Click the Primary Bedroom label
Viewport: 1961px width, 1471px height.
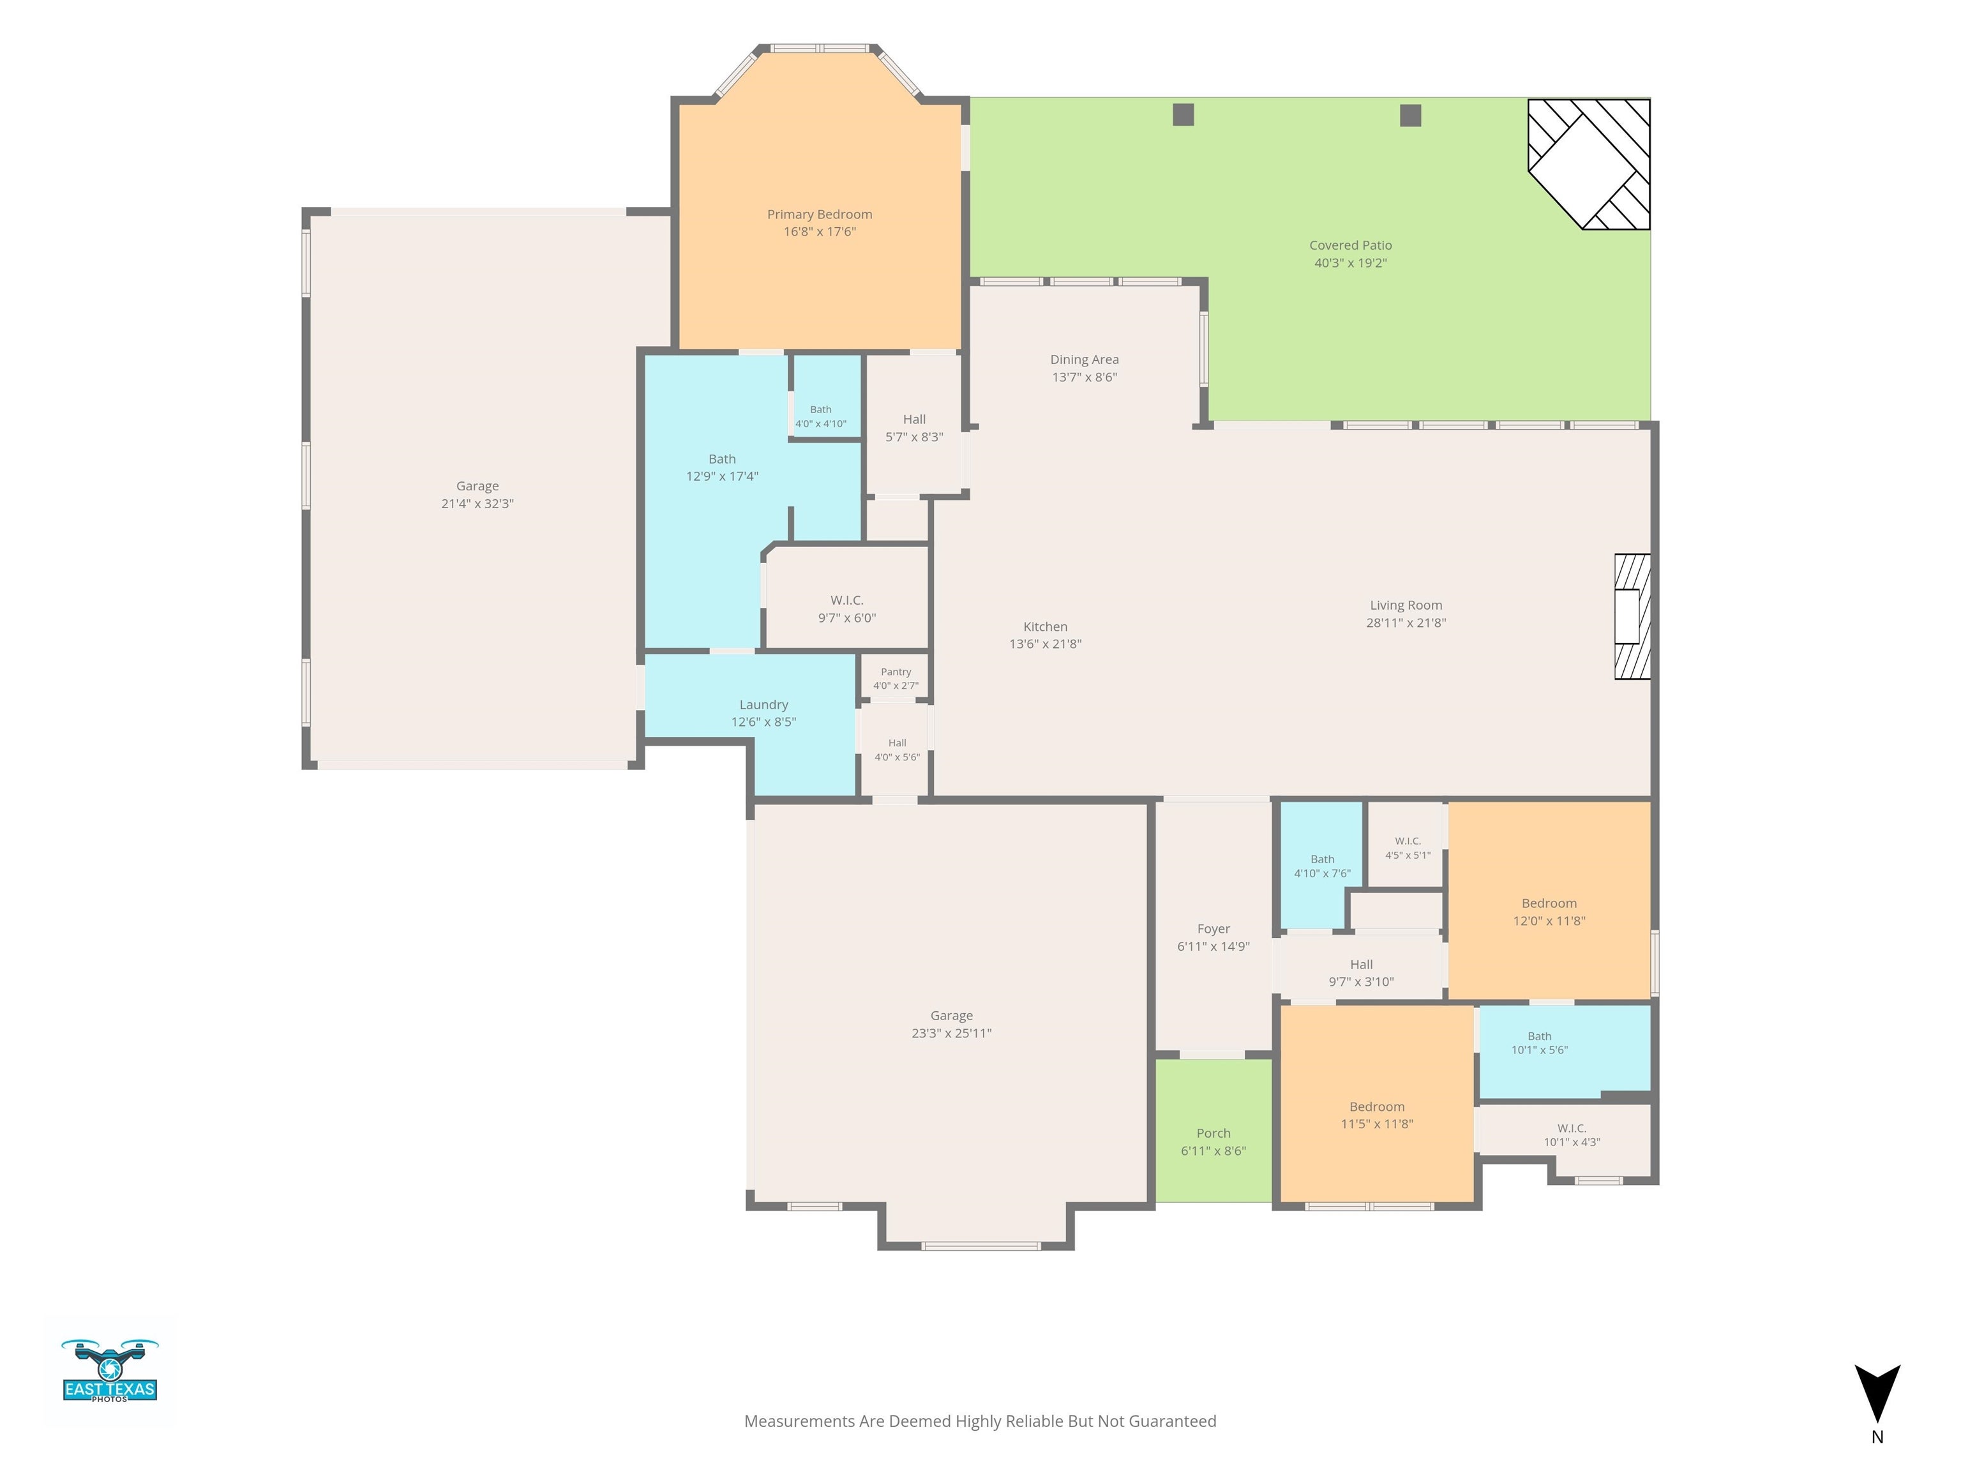coord(819,215)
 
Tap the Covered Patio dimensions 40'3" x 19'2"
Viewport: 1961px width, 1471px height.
coord(1350,262)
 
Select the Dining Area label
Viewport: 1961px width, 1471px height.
coord(1084,359)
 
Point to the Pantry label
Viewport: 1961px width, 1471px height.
coord(896,672)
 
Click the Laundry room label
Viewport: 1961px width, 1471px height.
coord(763,705)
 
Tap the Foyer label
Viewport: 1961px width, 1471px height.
coord(1213,929)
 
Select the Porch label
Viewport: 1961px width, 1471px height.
coord(1213,1133)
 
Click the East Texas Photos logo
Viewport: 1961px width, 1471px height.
coord(110,1370)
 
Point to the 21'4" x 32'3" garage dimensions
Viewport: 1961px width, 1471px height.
coord(478,504)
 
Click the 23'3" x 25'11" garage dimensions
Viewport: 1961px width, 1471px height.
coord(951,1033)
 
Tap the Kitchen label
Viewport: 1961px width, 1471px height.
coord(1045,627)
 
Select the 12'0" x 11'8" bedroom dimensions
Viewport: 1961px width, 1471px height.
coord(1549,921)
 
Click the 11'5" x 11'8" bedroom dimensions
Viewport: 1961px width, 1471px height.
coord(1377,1124)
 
